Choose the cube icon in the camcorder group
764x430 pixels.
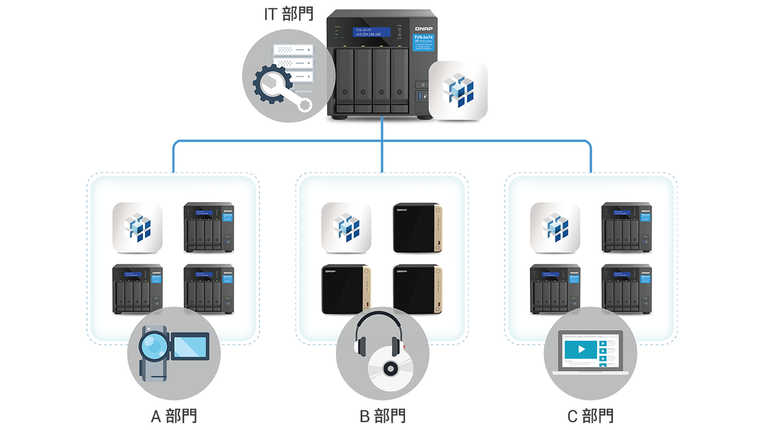(x=138, y=228)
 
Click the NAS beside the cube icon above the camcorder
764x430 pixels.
(x=208, y=228)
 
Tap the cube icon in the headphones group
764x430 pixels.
(x=346, y=228)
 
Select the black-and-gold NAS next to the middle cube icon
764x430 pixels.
(x=417, y=228)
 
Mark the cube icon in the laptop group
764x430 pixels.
(x=555, y=228)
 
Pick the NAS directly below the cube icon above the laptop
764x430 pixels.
(x=555, y=289)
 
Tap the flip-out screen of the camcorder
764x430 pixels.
(x=190, y=345)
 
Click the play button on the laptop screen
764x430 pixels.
(x=581, y=349)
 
